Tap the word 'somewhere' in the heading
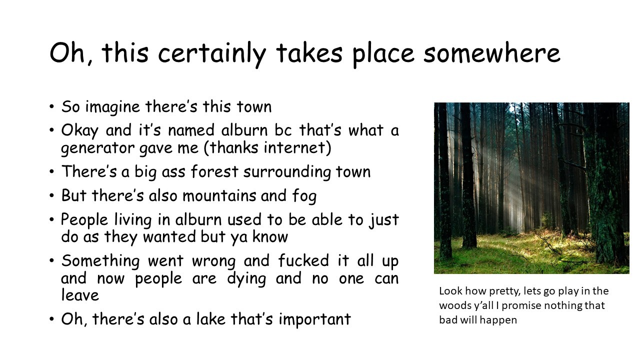coord(491,53)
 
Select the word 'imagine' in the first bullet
coord(112,107)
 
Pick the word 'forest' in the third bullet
coord(214,171)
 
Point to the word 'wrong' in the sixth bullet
coord(214,261)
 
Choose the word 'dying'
coord(246,279)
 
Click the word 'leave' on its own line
coord(80,295)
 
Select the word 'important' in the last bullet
coord(314,319)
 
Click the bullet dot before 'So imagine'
coord(51,107)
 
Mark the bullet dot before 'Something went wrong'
coord(51,261)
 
